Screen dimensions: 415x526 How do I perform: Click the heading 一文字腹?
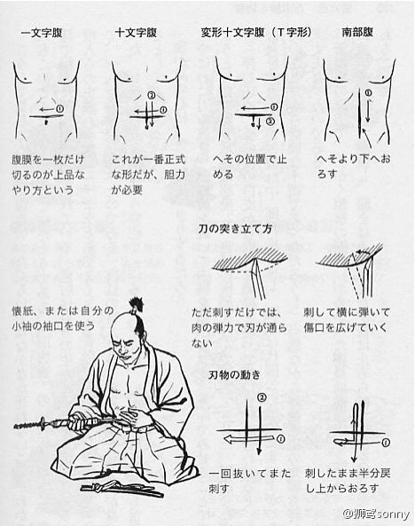tap(42, 33)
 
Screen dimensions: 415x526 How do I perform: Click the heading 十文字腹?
tap(136, 33)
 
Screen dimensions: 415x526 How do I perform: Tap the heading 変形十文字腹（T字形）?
tap(256, 32)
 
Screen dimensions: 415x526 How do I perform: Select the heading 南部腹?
tap(357, 32)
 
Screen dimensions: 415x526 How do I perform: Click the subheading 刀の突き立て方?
tap(235, 229)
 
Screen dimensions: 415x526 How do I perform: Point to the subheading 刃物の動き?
tap(234, 374)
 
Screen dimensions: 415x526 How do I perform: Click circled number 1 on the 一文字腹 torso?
tap(59, 109)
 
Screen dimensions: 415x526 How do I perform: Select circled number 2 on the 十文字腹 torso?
tap(152, 96)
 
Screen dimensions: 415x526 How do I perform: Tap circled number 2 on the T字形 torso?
tap(270, 122)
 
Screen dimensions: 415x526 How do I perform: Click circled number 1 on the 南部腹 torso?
tap(368, 93)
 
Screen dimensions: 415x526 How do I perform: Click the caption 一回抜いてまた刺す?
tap(249, 481)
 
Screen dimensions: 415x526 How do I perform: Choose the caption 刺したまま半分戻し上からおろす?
tap(348, 481)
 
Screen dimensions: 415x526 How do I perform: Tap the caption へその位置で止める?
tap(250, 167)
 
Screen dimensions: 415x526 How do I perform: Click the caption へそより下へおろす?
tap(354, 166)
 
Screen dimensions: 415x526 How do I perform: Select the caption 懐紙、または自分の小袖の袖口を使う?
tap(63, 318)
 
